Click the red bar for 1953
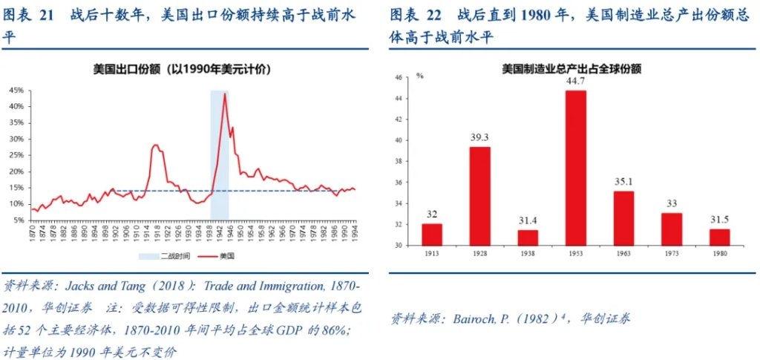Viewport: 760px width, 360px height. tap(575, 168)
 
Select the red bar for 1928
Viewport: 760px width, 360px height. tap(479, 196)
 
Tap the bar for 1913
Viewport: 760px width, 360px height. tap(432, 235)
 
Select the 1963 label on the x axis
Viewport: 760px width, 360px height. tap(623, 252)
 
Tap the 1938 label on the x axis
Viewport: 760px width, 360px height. tap(528, 252)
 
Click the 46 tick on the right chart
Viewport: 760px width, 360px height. tap(398, 77)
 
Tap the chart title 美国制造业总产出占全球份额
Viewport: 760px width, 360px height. tap(571, 68)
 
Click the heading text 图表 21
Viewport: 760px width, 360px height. tap(30, 14)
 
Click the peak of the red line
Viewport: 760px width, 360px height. tap(224, 94)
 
